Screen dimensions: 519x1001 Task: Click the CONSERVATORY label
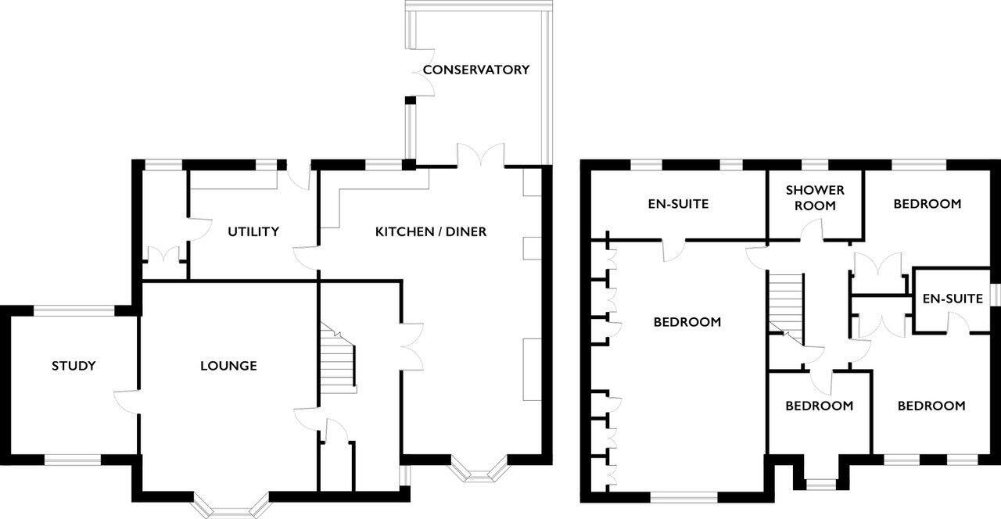coord(475,70)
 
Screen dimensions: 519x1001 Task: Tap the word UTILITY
coord(253,231)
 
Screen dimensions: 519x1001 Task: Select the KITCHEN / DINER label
coord(430,231)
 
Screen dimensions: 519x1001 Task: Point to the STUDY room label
coord(74,366)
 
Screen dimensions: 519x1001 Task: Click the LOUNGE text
coord(228,366)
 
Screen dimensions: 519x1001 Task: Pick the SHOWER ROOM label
coord(815,198)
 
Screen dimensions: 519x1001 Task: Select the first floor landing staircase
coord(787,301)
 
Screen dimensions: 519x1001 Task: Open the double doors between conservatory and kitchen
coord(481,156)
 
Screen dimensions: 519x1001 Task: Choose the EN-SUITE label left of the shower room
coord(678,204)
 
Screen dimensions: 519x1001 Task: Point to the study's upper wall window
coord(74,311)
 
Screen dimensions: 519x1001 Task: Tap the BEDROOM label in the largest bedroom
coord(687,322)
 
